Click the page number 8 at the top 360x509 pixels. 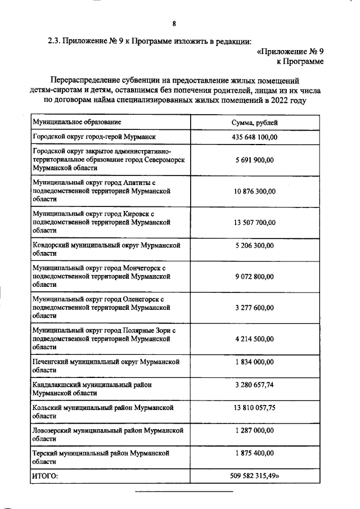[x=174, y=24]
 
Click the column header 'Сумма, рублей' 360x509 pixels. [x=255, y=122]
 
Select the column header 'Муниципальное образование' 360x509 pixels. [x=77, y=122]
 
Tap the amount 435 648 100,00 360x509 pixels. [x=255, y=137]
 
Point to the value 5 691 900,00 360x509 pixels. [x=255, y=160]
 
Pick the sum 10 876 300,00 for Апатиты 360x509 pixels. [x=255, y=191]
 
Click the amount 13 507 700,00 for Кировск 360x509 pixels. [x=255, y=222]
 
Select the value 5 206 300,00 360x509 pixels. [x=255, y=246]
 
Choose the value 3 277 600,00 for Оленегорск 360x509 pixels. [x=255, y=308]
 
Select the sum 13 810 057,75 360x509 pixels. [x=255, y=407]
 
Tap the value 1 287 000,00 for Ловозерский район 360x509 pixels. [x=255, y=430]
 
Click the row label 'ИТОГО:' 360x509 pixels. [x=46, y=476]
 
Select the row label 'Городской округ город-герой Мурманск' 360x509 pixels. [x=93, y=137]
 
